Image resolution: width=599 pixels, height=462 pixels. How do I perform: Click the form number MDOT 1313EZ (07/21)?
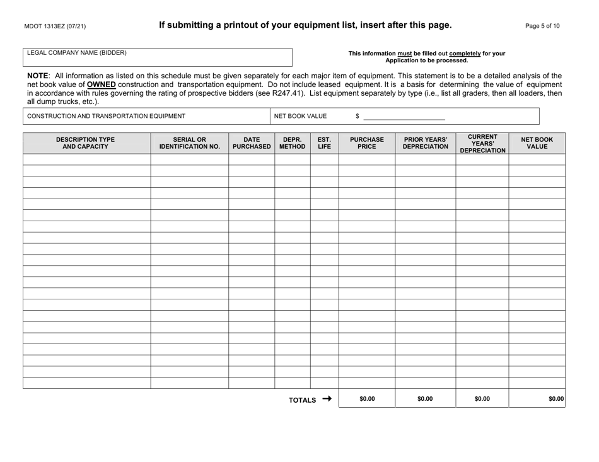click(x=55, y=26)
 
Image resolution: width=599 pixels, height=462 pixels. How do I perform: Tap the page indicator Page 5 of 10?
click(x=542, y=26)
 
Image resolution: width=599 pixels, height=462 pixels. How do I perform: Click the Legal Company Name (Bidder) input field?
click(x=158, y=57)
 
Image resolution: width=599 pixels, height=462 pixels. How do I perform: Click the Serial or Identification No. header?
click(x=189, y=143)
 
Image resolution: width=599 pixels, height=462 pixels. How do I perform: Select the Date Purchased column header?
click(x=251, y=143)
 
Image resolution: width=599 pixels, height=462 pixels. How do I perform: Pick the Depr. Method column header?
click(x=292, y=143)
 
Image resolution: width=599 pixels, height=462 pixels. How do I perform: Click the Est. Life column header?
click(x=324, y=143)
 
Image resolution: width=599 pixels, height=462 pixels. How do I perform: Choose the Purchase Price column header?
click(x=366, y=143)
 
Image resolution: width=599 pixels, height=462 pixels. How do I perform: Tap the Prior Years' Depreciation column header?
click(x=425, y=143)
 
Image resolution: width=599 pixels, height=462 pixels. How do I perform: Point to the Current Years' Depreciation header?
click(x=482, y=143)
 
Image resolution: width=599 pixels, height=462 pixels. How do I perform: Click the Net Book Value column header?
click(x=537, y=143)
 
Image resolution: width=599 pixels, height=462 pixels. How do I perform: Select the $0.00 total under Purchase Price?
click(x=366, y=399)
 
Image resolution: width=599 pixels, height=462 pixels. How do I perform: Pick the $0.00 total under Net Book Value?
click(x=555, y=399)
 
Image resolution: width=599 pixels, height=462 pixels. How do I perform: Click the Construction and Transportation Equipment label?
click(x=106, y=116)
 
